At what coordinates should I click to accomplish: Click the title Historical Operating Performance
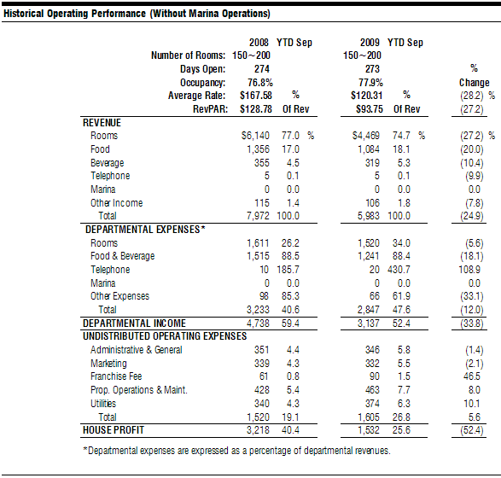(x=75, y=14)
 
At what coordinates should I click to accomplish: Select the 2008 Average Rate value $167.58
(x=256, y=96)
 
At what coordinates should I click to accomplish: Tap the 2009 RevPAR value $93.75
(x=370, y=109)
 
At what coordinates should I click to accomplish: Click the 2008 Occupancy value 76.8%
(x=260, y=83)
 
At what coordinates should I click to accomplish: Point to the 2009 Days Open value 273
(x=373, y=69)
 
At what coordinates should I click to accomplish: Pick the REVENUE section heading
(x=102, y=123)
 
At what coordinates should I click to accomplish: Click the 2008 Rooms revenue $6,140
(x=255, y=136)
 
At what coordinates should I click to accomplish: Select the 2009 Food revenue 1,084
(x=369, y=149)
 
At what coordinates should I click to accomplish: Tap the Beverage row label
(x=107, y=163)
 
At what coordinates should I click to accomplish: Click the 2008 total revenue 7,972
(x=258, y=216)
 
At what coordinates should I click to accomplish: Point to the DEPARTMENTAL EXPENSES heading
(x=145, y=230)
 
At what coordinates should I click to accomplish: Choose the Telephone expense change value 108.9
(x=469, y=270)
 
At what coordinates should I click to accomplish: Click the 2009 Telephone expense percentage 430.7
(x=399, y=270)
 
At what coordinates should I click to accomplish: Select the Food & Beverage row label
(x=122, y=256)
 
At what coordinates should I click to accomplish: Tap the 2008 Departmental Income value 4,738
(x=258, y=324)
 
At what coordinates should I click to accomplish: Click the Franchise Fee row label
(x=116, y=376)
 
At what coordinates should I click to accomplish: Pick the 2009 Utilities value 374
(x=373, y=404)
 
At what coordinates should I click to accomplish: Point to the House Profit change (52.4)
(x=472, y=430)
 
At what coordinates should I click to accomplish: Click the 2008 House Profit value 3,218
(x=258, y=430)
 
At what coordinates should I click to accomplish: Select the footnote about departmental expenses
(x=236, y=451)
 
